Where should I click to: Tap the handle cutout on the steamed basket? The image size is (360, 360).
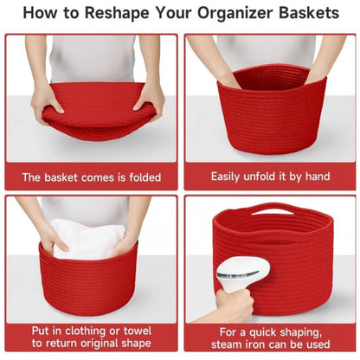point(272,209)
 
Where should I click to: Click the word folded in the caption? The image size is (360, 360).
point(141,177)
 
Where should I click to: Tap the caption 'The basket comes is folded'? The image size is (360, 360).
point(91,177)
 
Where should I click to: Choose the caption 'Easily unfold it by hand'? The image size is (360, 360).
point(270,177)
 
